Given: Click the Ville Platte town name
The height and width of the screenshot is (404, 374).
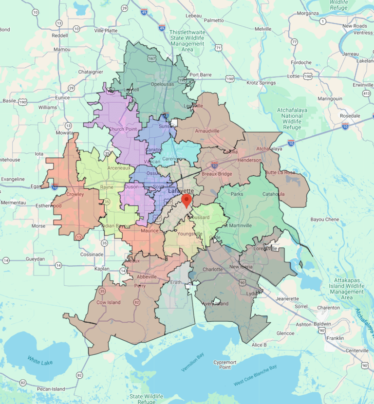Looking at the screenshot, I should (106, 30).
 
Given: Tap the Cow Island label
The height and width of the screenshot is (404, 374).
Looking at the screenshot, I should (108, 302).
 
